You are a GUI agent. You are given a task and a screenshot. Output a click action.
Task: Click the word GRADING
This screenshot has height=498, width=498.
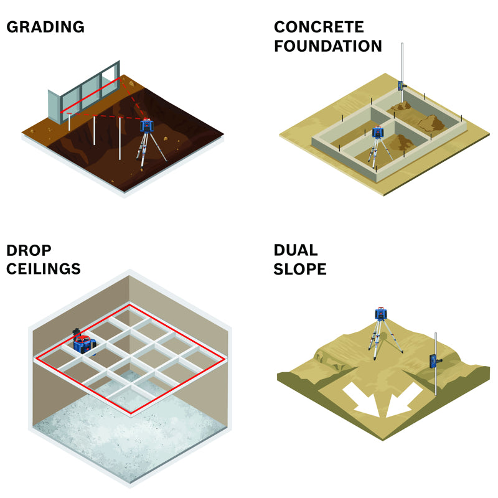coord(45,27)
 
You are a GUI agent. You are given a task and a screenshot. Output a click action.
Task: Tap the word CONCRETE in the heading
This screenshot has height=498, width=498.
coord(319,27)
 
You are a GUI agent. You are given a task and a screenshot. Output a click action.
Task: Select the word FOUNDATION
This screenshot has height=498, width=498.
coord(328,46)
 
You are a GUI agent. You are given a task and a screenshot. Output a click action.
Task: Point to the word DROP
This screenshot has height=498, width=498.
coord(29,250)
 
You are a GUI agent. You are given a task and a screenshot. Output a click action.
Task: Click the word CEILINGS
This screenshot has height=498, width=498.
coord(44,269)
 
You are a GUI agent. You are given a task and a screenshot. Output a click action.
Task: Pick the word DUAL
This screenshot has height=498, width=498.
coord(296,250)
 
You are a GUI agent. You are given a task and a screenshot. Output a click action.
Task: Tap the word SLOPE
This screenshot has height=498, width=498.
coord(300,269)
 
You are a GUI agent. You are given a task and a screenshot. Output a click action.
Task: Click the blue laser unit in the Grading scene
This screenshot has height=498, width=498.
coord(148,126)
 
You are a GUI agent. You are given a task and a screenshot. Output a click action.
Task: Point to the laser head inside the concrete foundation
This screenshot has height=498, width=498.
coord(377,132)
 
